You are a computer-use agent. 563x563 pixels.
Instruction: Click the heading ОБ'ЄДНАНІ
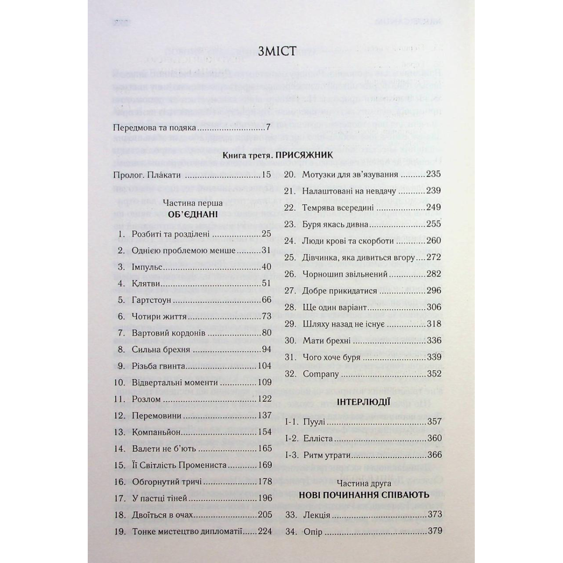[x=190, y=215]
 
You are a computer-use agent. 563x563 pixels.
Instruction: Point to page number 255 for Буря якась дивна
[x=434, y=224]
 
